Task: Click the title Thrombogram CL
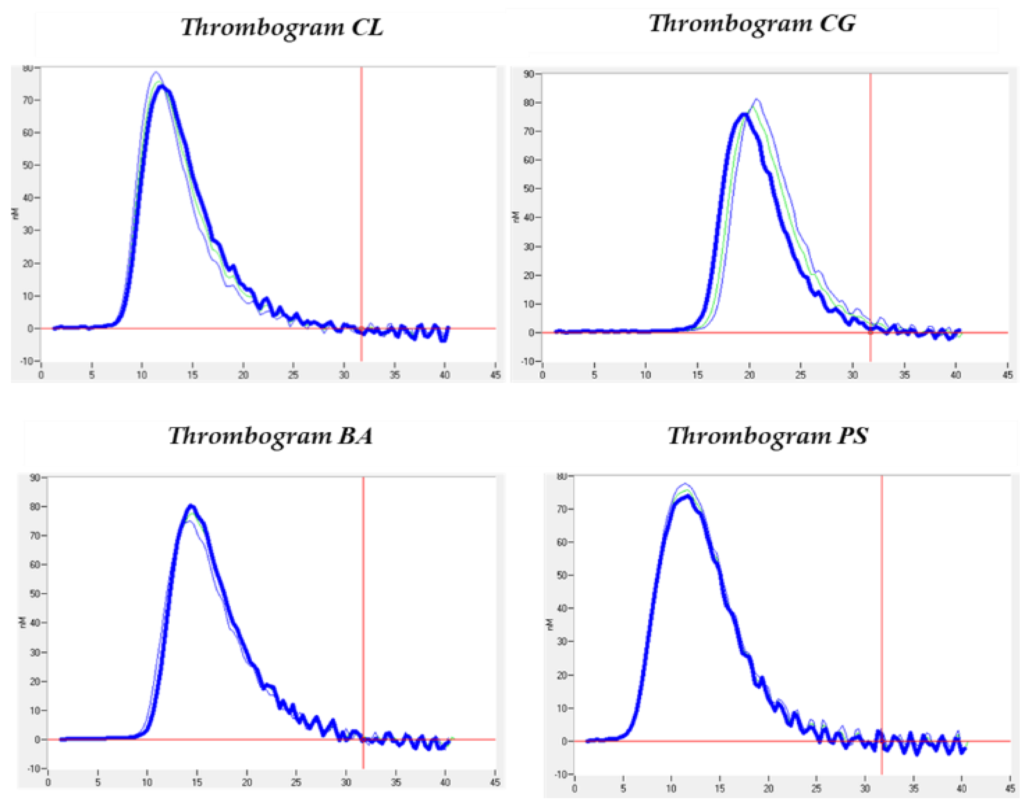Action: pos(282,27)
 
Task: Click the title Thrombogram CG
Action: pos(752,23)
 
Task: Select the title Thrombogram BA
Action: pos(271,436)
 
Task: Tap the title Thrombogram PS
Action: pos(767,436)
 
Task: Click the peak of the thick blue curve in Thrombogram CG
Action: pos(744,114)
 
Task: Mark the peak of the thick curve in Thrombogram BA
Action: pos(191,506)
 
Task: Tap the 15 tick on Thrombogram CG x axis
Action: pos(697,375)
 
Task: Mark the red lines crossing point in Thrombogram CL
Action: pos(361,328)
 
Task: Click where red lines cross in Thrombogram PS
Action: pos(882,741)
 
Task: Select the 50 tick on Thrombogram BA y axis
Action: pos(35,593)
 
